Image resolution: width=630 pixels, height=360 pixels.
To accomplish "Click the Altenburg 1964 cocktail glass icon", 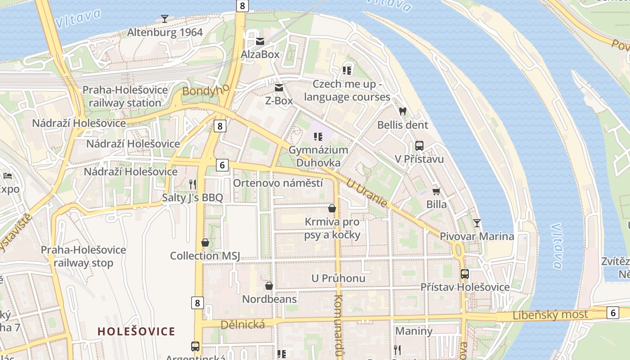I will (x=165, y=19).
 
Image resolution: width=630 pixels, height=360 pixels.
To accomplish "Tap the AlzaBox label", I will (x=260, y=54).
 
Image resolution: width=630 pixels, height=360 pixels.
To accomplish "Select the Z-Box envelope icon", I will (x=279, y=87).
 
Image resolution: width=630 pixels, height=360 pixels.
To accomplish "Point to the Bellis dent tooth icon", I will (x=403, y=111).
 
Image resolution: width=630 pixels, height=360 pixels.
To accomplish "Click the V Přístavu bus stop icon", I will (x=419, y=145).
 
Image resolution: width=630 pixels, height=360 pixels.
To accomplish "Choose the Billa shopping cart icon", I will (x=436, y=191).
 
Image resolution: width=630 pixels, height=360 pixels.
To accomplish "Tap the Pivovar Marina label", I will (x=477, y=236).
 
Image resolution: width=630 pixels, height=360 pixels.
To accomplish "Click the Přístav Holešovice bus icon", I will (x=465, y=274).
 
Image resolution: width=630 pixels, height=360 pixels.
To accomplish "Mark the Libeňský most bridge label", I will (x=550, y=315).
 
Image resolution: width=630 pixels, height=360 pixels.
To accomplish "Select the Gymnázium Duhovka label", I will (x=318, y=156).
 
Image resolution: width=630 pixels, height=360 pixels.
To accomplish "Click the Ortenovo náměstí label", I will (x=278, y=183).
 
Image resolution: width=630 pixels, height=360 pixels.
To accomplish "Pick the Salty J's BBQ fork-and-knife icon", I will (x=193, y=184).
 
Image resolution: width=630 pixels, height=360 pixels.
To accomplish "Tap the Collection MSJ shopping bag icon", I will (x=205, y=243).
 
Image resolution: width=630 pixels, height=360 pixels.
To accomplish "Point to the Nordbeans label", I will (x=269, y=299).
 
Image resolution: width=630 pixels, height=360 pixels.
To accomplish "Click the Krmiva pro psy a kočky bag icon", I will (x=332, y=208).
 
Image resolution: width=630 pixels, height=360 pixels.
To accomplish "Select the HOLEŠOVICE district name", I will (x=136, y=332).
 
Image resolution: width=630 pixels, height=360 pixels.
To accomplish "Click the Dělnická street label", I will (x=243, y=324).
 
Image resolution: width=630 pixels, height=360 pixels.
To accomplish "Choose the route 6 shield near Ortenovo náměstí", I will (x=222, y=165).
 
